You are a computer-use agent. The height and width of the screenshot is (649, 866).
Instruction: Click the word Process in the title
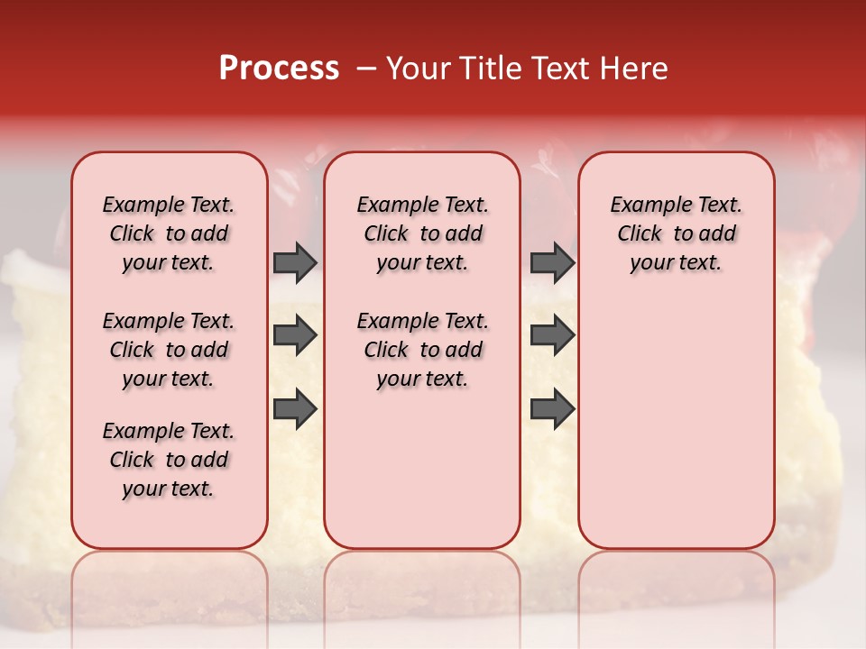tap(279, 69)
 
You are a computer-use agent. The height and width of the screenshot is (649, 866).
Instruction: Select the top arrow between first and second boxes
tap(295, 263)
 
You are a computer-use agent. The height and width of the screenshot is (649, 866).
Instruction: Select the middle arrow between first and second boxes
tap(295, 336)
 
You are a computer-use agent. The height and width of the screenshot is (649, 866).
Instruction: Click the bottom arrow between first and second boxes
tap(295, 409)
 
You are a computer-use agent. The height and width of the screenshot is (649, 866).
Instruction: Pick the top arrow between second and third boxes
tap(552, 263)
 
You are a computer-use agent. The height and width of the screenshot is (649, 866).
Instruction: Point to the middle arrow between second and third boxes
tap(552, 336)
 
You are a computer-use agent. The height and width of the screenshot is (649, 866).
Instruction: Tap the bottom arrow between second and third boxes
tap(552, 409)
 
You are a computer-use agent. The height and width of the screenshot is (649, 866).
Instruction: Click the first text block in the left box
tap(169, 234)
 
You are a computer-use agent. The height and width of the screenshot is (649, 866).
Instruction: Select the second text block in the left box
tap(169, 350)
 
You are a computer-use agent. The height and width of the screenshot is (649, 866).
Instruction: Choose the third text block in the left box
tap(169, 460)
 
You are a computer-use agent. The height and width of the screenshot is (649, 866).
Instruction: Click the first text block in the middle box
tap(422, 234)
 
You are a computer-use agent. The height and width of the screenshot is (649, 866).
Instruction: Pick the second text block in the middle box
tap(422, 350)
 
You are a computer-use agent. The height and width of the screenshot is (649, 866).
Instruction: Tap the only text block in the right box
tap(676, 234)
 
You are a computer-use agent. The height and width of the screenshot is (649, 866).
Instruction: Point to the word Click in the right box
tap(640, 234)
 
